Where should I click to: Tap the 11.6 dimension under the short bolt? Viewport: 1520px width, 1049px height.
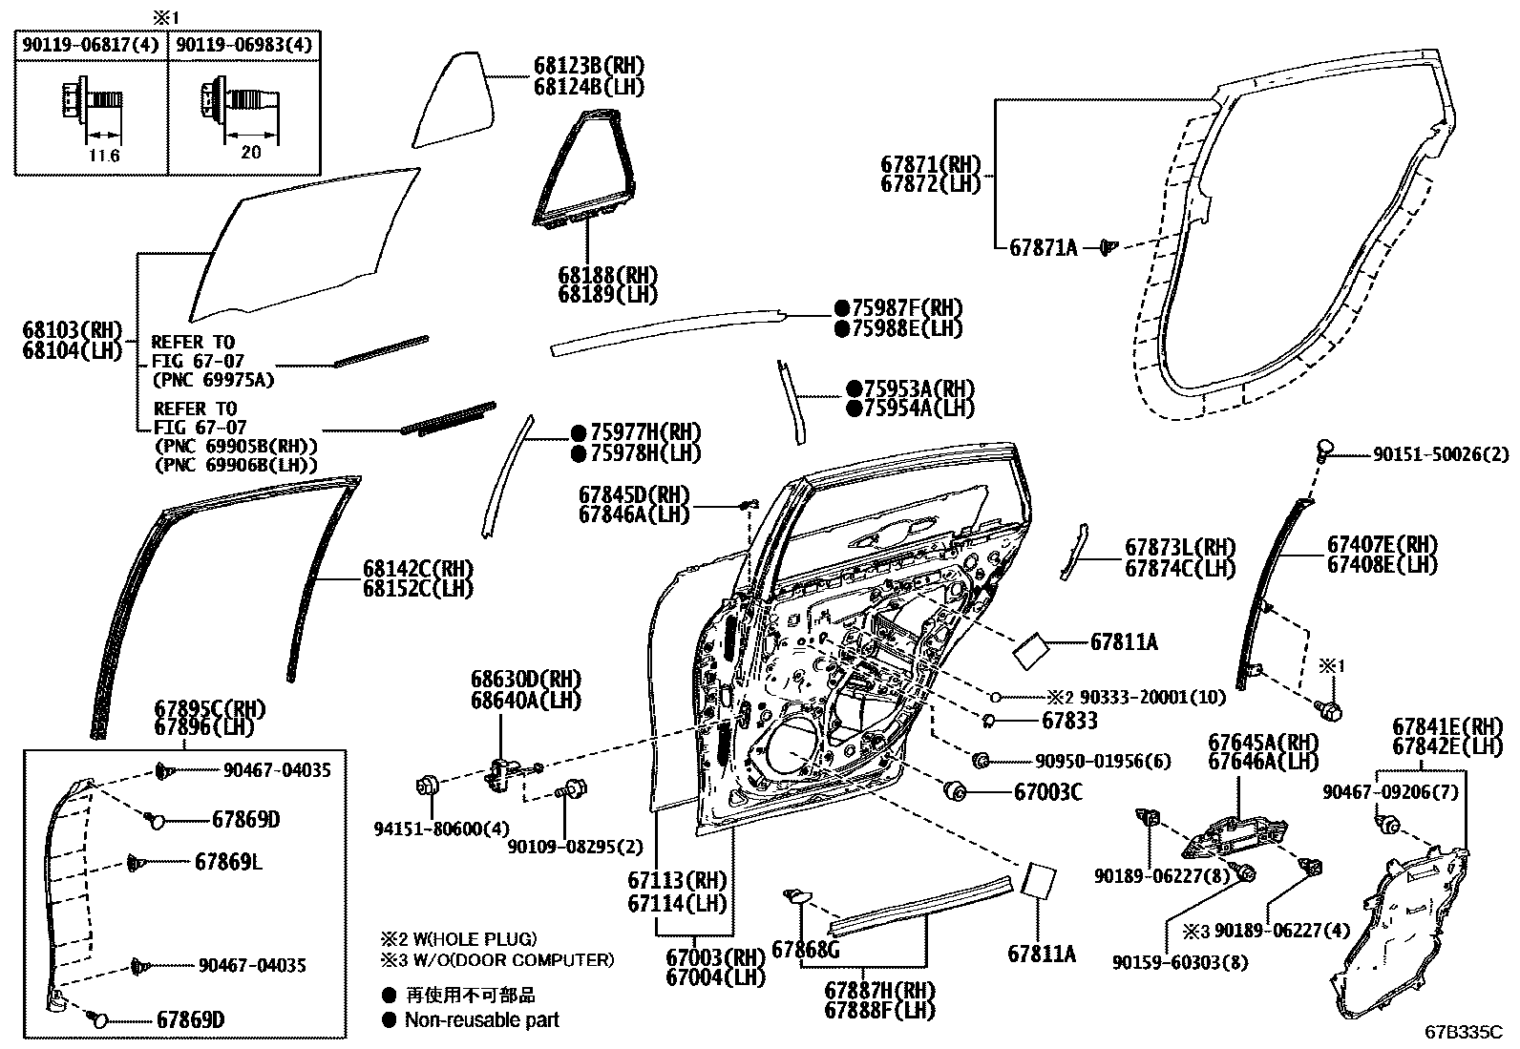(x=103, y=156)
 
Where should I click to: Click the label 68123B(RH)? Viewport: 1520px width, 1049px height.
(x=589, y=66)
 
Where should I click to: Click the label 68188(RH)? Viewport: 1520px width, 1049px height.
(x=608, y=274)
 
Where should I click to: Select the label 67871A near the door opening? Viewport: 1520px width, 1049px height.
(x=1043, y=248)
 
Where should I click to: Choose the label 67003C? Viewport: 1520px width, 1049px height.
(x=1047, y=791)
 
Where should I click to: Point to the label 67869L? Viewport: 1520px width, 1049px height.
(x=228, y=863)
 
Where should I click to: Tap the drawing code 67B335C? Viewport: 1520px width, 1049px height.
(x=1464, y=1032)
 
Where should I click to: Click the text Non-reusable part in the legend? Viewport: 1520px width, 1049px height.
(x=481, y=1019)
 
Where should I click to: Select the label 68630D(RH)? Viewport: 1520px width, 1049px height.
(x=525, y=681)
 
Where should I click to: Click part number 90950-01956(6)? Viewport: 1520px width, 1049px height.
(x=1101, y=761)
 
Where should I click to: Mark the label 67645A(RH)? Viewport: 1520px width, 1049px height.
(x=1263, y=742)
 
